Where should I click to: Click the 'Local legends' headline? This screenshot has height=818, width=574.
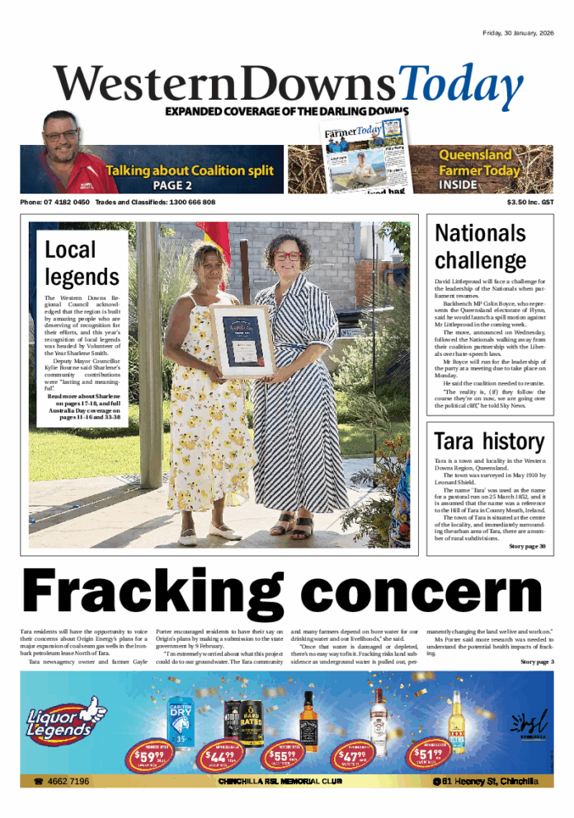[82, 263]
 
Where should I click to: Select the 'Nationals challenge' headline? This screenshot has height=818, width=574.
[480, 247]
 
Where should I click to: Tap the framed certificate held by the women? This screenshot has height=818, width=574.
[241, 340]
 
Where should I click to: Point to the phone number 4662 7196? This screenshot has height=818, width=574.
[63, 781]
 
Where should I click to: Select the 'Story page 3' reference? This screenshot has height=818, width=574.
[537, 661]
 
